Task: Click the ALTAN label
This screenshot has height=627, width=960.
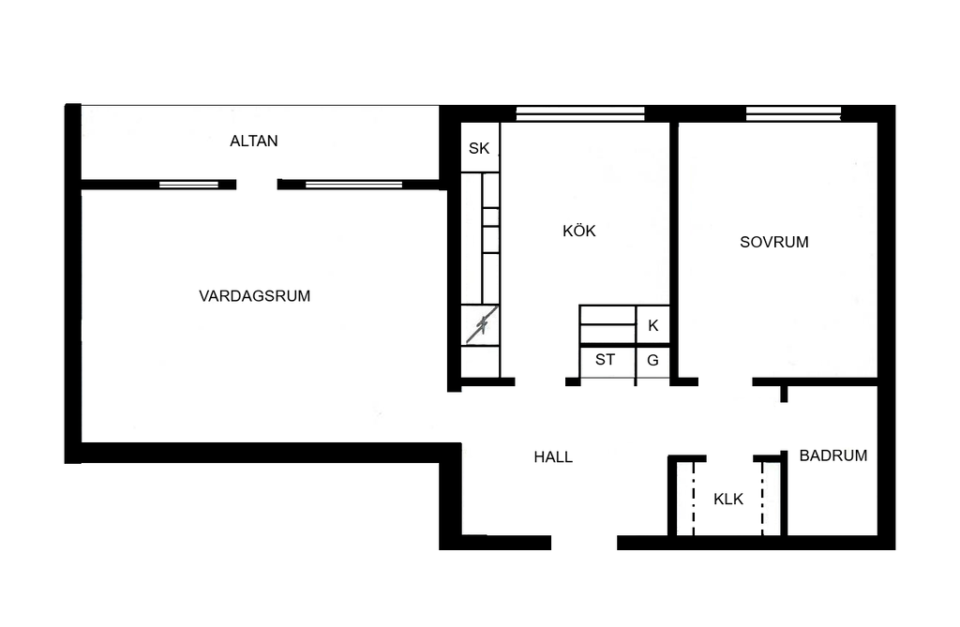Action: click(x=253, y=141)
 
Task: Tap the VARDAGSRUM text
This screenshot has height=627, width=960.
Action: click(x=255, y=296)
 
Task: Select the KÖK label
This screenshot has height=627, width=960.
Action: click(x=579, y=231)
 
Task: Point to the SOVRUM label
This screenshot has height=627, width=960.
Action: click(x=773, y=242)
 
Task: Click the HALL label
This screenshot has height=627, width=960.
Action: click(x=553, y=456)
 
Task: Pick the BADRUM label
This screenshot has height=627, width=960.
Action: click(x=833, y=455)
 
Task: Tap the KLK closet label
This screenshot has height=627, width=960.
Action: click(x=728, y=499)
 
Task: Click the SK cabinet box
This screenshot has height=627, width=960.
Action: click(x=480, y=147)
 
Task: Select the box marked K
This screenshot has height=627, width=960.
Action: click(x=652, y=325)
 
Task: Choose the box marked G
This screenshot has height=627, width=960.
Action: click(x=652, y=361)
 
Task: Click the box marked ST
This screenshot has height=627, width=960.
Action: click(x=607, y=361)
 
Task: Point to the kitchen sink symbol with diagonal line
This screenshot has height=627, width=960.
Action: click(x=480, y=325)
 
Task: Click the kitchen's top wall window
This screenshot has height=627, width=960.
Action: click(x=580, y=114)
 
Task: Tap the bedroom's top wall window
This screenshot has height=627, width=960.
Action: click(x=793, y=114)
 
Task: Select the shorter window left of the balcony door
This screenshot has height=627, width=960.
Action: click(x=189, y=185)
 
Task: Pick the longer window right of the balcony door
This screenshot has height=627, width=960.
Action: click(x=353, y=185)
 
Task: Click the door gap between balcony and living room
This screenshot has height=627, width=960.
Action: click(x=257, y=185)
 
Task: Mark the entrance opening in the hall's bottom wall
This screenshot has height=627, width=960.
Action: click(x=584, y=543)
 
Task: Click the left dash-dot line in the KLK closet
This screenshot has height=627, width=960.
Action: click(x=693, y=499)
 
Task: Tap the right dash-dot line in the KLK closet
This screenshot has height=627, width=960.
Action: click(x=762, y=499)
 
